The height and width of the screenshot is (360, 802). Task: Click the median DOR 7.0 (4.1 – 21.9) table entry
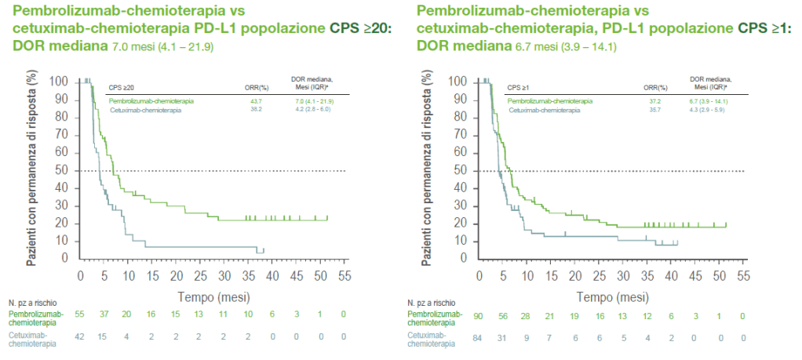point(314,101)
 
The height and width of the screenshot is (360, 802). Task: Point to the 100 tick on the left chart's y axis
point(60,82)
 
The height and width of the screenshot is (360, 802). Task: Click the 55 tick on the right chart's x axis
point(743,277)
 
